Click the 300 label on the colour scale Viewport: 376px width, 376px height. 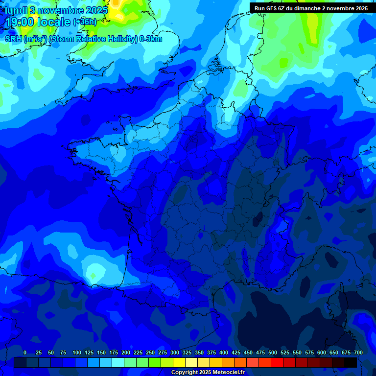[x=175, y=352]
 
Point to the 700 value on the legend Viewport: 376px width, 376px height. [x=358, y=352]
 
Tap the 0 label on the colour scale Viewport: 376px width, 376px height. [x=25, y=352]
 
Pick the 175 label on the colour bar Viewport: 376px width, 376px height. [x=114, y=352]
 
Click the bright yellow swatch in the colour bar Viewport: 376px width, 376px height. [x=179, y=362]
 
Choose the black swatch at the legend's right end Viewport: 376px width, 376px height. [x=351, y=362]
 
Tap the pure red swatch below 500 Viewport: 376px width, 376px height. [x=277, y=362]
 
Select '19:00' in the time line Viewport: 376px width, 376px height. [x=23, y=22]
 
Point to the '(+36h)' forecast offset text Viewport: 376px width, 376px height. [x=85, y=22]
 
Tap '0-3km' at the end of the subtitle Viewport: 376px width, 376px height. [x=151, y=39]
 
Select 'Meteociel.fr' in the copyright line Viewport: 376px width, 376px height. [x=228, y=373]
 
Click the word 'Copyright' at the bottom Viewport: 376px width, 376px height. [x=184, y=373]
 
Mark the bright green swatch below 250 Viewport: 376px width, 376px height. [x=155, y=362]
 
